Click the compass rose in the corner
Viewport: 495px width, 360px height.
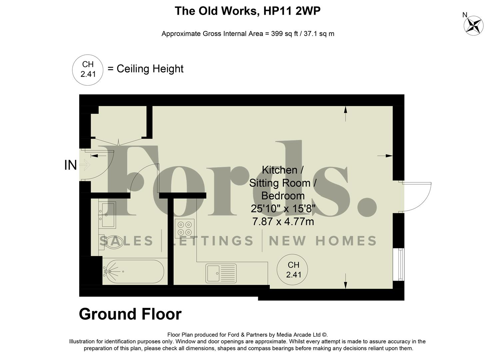[473, 25]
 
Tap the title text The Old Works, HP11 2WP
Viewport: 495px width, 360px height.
[247, 11]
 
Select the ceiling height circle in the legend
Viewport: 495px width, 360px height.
[88, 70]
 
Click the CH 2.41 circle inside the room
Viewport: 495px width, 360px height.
[292, 270]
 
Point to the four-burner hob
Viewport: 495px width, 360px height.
[185, 228]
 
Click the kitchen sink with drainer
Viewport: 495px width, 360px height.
[221, 273]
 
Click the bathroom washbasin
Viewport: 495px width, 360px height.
[107, 215]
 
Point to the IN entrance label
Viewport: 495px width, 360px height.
[70, 165]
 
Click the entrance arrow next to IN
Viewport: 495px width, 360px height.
[85, 165]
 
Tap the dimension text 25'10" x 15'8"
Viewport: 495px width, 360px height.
[283, 209]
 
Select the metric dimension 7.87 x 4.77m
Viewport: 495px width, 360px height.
[283, 221]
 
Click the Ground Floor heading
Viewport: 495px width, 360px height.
[130, 314]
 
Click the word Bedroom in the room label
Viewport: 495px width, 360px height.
[283, 196]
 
